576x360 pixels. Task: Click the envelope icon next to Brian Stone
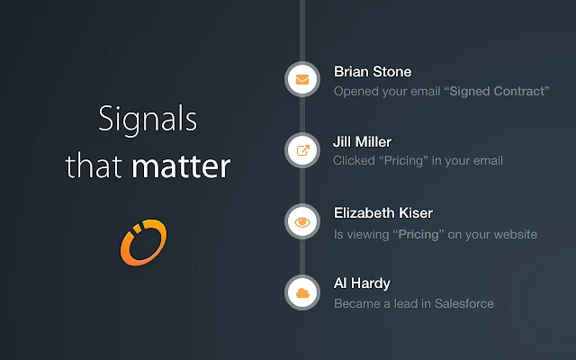tap(302, 79)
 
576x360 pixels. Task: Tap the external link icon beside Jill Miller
tap(303, 150)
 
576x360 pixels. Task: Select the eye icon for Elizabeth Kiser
tap(302, 222)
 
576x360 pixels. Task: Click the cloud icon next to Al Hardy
tap(302, 292)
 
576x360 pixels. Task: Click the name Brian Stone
tap(373, 72)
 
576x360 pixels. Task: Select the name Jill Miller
tap(362, 142)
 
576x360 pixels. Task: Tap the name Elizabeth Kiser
tap(383, 213)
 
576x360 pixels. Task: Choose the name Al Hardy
tap(362, 283)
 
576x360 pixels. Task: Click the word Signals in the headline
tap(148, 119)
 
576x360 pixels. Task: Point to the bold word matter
tap(181, 166)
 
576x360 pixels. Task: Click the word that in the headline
tap(94, 166)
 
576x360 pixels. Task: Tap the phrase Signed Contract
tap(497, 91)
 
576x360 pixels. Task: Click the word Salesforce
tap(464, 303)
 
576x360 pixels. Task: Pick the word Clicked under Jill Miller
tap(354, 160)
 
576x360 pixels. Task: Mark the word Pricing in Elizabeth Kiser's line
tap(418, 235)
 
